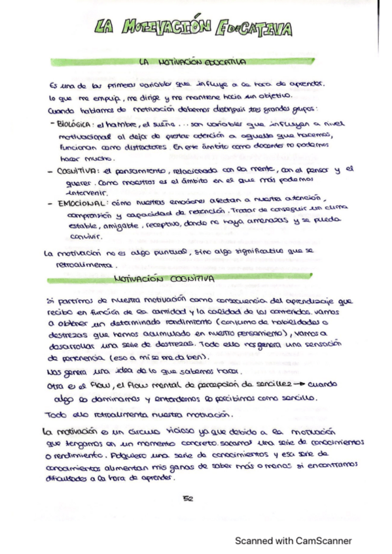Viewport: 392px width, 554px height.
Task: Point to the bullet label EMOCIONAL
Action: (81, 203)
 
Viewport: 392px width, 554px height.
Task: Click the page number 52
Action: (187, 498)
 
